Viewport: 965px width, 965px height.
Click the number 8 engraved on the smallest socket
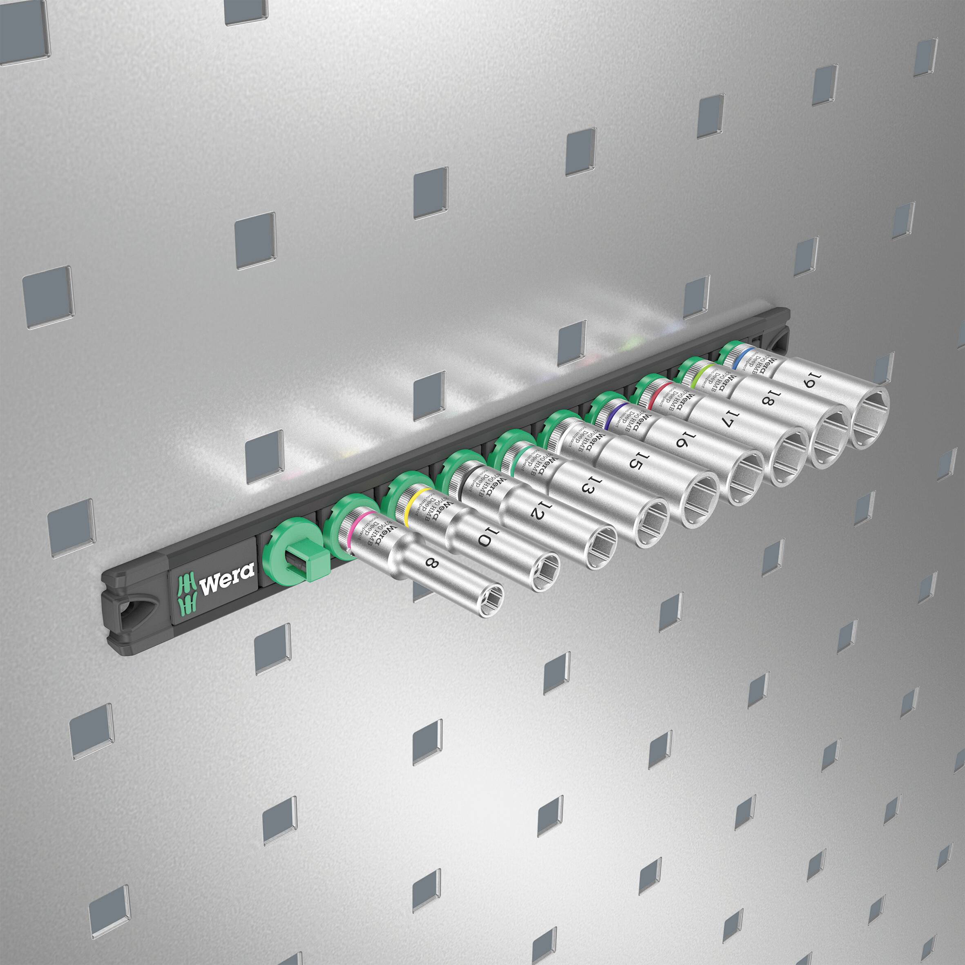pos(431,563)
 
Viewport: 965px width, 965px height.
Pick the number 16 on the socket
pos(684,438)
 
